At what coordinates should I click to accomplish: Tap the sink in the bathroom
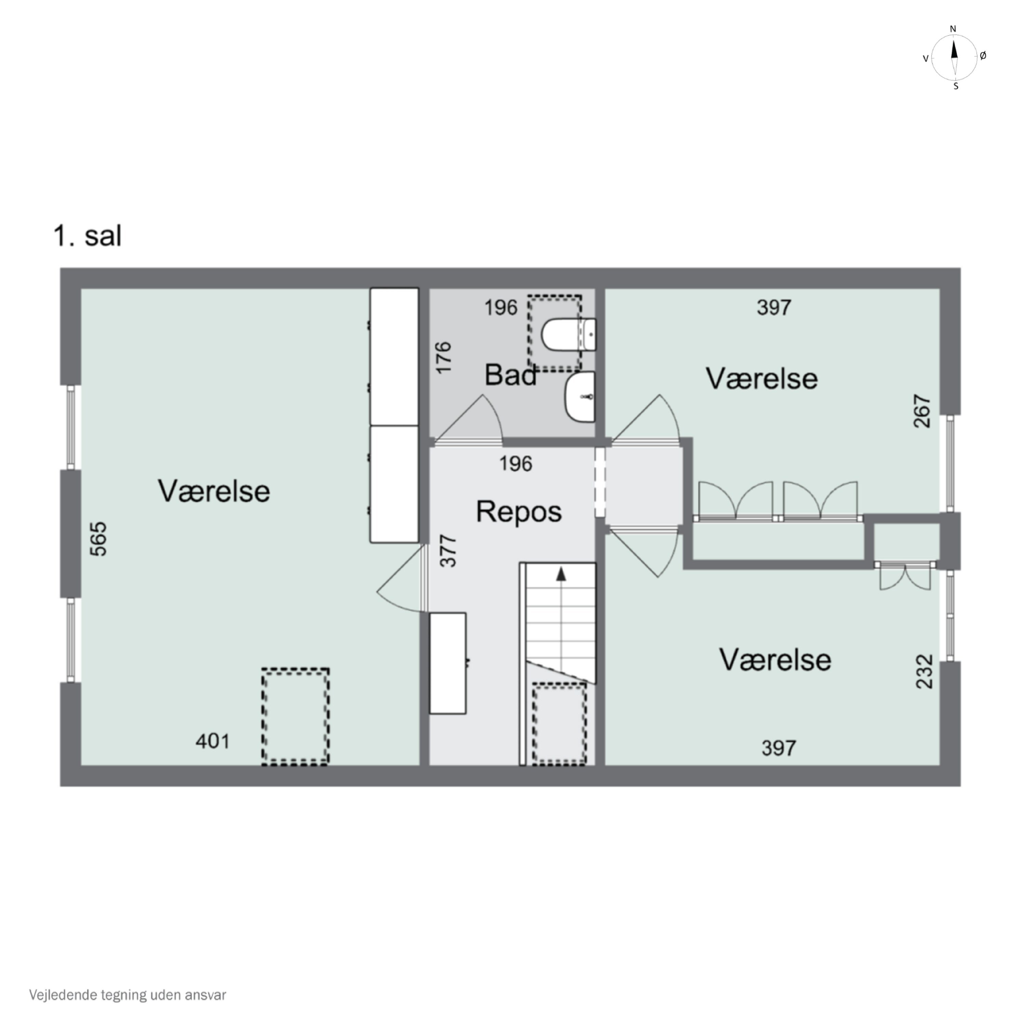580,397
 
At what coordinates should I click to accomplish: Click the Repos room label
519,512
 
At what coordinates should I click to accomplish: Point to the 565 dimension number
99,539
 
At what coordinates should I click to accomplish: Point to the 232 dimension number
924,672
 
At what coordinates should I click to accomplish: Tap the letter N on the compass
953,29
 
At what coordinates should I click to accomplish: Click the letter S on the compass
956,87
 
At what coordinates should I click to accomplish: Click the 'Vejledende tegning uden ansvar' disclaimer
128,995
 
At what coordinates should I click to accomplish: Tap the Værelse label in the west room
214,491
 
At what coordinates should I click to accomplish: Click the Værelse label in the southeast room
775,660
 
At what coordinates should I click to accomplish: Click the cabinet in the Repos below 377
448,663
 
